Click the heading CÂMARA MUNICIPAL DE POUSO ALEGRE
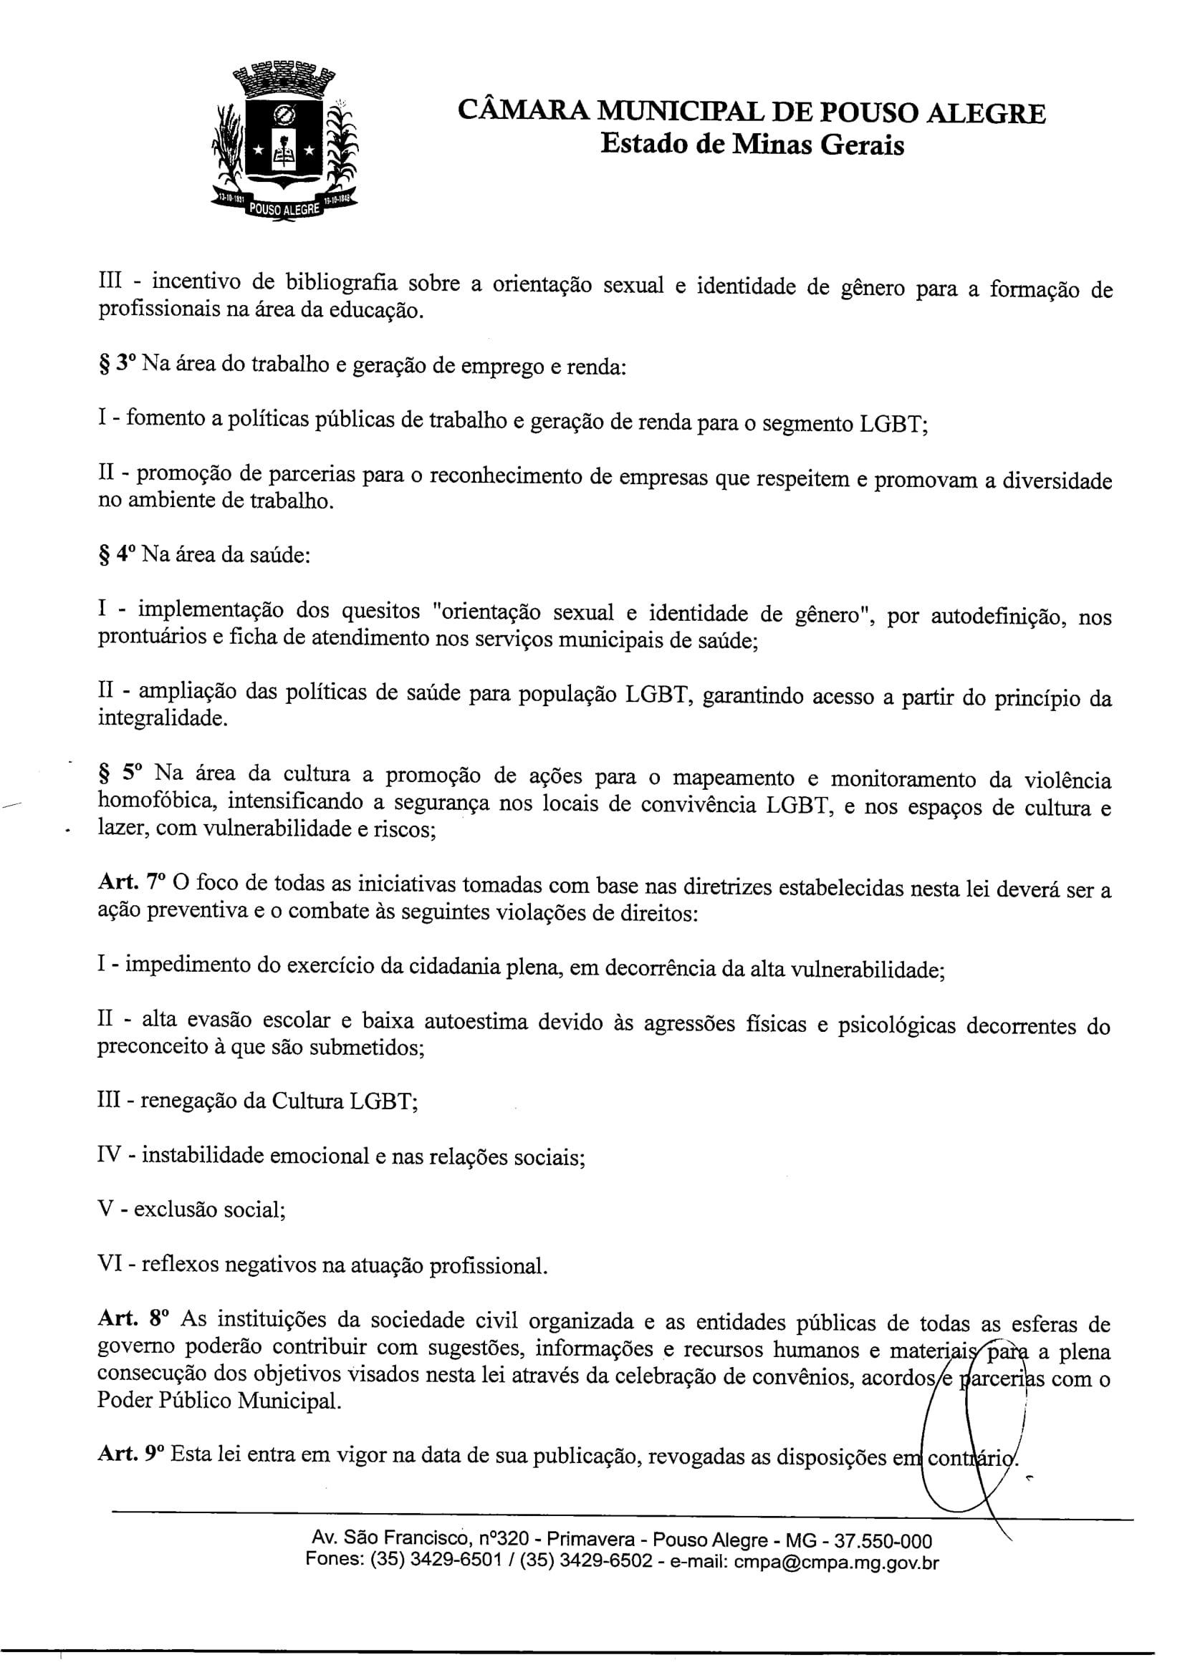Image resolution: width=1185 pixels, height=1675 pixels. [x=751, y=112]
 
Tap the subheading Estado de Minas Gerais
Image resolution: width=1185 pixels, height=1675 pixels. [x=752, y=145]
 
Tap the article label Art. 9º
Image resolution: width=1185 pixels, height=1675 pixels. [x=130, y=1453]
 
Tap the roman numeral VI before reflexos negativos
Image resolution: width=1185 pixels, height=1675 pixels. [x=110, y=1263]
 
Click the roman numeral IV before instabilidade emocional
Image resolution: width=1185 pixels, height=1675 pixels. [x=110, y=1155]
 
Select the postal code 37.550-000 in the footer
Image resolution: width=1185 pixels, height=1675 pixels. [x=883, y=1542]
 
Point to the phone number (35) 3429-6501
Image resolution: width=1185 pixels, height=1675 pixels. [x=436, y=1560]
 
